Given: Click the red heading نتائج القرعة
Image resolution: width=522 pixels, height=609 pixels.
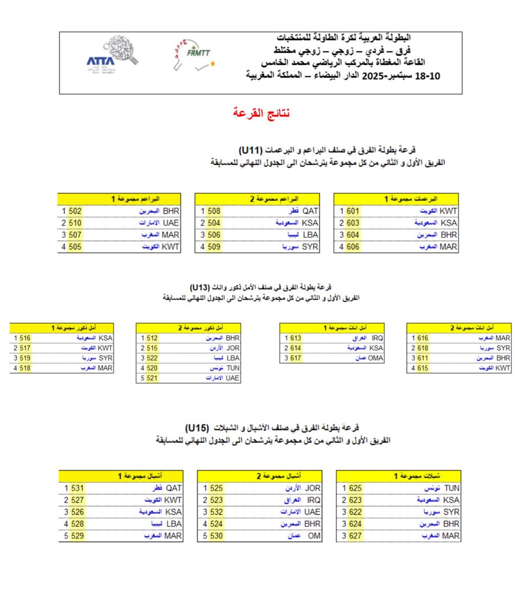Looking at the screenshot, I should tap(261, 113).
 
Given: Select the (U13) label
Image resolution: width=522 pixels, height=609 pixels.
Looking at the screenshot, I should tap(200, 287).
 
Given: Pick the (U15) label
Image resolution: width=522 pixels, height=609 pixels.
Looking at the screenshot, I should tap(197, 428).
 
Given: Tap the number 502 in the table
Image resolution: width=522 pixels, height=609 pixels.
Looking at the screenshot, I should tap(75, 211).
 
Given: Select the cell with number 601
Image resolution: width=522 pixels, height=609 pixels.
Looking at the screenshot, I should tap(353, 211).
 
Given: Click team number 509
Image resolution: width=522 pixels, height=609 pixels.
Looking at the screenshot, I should tap(214, 247).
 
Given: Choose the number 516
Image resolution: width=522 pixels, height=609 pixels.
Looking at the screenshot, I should tap(25, 338).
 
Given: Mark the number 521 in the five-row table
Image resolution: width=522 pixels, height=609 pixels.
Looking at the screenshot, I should tap(152, 378).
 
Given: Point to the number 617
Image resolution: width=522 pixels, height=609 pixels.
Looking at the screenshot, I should tap(296, 358).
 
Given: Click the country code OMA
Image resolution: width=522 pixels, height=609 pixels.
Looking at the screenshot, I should tap(375, 358).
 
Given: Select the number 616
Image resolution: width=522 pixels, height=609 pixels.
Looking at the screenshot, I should tap(423, 338).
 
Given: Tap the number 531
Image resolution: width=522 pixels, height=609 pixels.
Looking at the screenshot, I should tap(77, 488).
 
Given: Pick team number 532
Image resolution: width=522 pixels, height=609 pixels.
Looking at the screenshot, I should tap(216, 512).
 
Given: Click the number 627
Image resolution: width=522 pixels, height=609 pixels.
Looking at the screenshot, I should tap(355, 536).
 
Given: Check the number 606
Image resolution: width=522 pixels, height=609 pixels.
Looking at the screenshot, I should tap(353, 247).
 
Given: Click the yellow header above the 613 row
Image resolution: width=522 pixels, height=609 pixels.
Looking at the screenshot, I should tap(332, 328).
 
